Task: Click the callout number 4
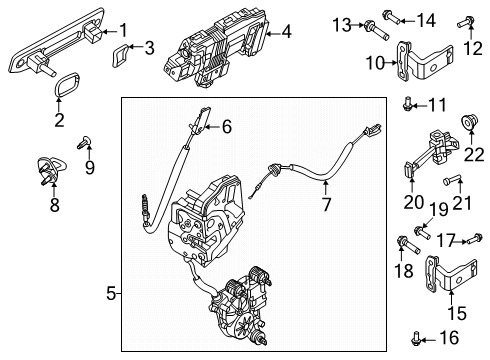286,32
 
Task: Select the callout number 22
474,155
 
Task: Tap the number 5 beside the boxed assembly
111,294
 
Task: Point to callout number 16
449,338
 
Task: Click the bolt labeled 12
466,22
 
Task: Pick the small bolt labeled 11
407,103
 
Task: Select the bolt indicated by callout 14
391,16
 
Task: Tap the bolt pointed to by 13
376,30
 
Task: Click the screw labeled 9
84,142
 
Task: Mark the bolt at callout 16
416,338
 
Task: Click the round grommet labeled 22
470,122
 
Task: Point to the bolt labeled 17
475,239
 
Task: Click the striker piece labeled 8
51,170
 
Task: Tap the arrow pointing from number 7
325,187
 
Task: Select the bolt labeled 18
408,245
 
